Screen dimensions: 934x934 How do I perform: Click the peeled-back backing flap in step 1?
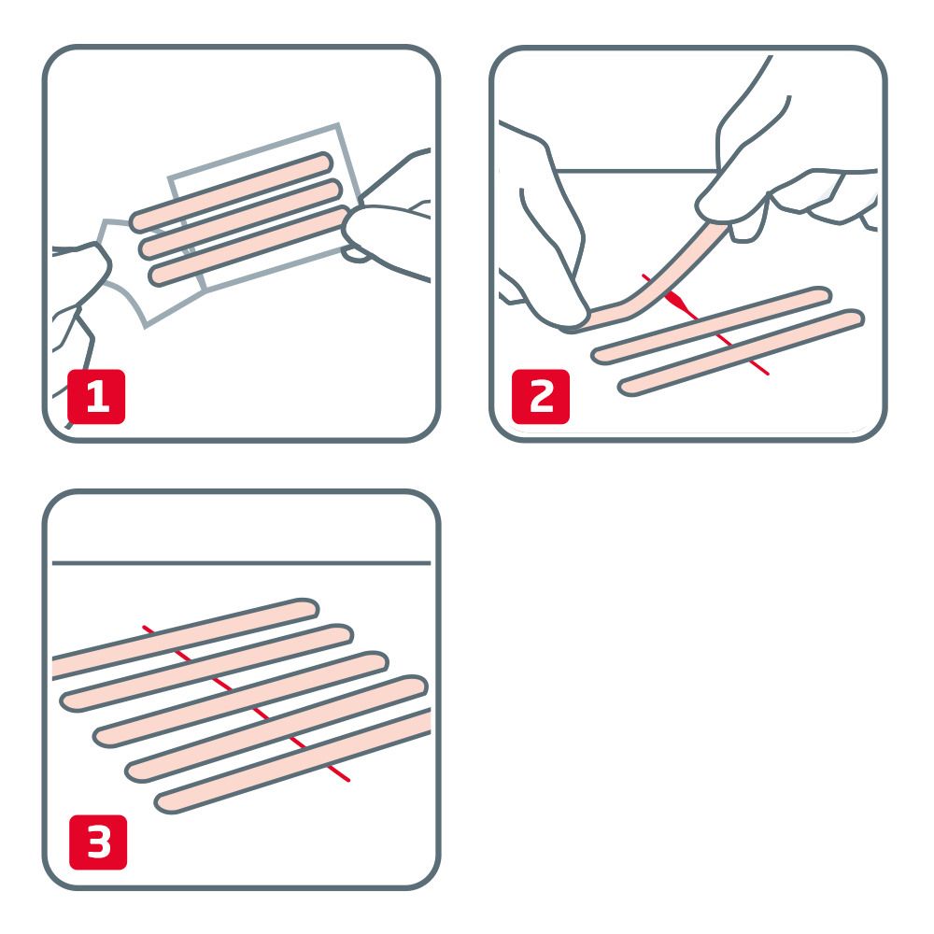click(126, 271)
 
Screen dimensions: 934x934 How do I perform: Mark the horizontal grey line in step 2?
click(635, 171)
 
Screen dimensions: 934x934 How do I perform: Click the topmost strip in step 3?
click(187, 636)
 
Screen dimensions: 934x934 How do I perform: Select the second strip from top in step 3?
click(205, 667)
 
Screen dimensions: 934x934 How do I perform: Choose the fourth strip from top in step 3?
click(276, 729)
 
